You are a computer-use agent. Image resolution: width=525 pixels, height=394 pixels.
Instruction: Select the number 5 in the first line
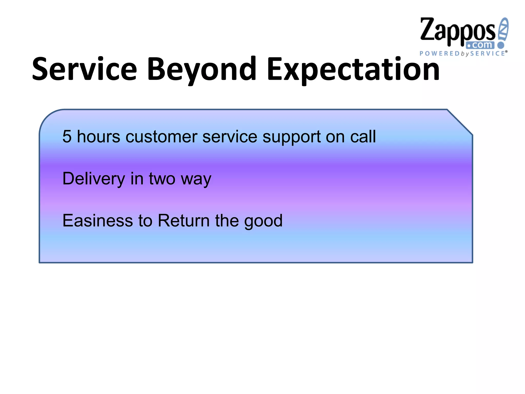[67, 136]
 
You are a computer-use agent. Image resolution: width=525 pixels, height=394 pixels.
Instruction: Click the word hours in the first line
[98, 136]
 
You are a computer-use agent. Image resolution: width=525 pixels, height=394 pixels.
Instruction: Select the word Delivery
[94, 179]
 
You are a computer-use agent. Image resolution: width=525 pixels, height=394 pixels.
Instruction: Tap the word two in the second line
[162, 179]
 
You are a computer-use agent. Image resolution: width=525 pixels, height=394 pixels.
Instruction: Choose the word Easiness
[98, 220]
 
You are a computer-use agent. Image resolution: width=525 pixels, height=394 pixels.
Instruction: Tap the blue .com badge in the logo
[480, 45]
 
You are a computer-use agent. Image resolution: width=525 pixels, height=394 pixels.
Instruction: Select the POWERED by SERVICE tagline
[463, 53]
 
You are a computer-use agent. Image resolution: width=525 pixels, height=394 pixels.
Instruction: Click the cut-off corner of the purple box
[460, 122]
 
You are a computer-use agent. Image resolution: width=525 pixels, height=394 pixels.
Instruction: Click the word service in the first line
[229, 136]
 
